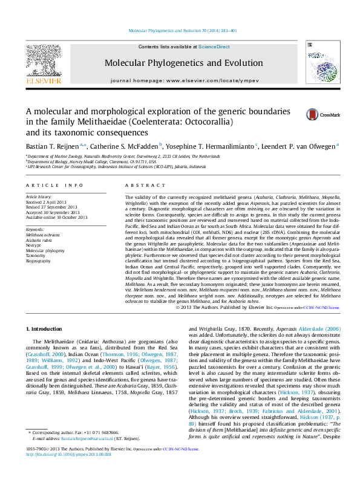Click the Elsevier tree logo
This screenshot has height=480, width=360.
coord(43,60)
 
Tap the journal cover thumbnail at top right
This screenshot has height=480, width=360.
coord(318,63)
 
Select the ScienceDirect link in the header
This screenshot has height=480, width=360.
coord(214,47)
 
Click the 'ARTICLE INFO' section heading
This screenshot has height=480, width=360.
coord(54,185)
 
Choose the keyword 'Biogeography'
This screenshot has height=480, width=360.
coord(38,261)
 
